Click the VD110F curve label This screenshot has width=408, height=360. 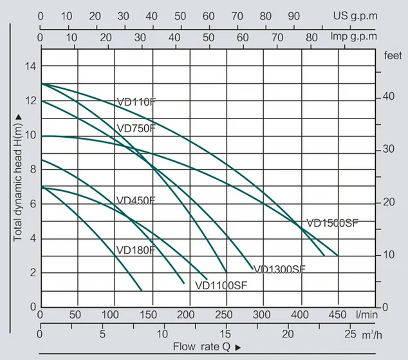click(x=136, y=102)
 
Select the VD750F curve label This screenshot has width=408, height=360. click(x=136, y=128)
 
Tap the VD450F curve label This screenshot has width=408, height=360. click(x=136, y=200)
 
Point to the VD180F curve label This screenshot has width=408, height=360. click(x=136, y=250)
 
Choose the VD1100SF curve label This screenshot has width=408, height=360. click(x=218, y=284)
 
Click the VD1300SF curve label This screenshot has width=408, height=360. click(x=279, y=269)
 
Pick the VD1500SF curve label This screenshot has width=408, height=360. click(x=332, y=223)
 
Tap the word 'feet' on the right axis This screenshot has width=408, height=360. click(x=393, y=56)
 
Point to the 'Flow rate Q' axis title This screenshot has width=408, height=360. click(x=203, y=346)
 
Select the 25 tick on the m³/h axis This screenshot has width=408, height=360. click(x=349, y=335)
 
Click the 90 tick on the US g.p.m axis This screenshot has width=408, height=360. click(x=293, y=15)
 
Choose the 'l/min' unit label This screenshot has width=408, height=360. click(x=367, y=316)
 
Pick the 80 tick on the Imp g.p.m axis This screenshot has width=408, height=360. click(x=310, y=37)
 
